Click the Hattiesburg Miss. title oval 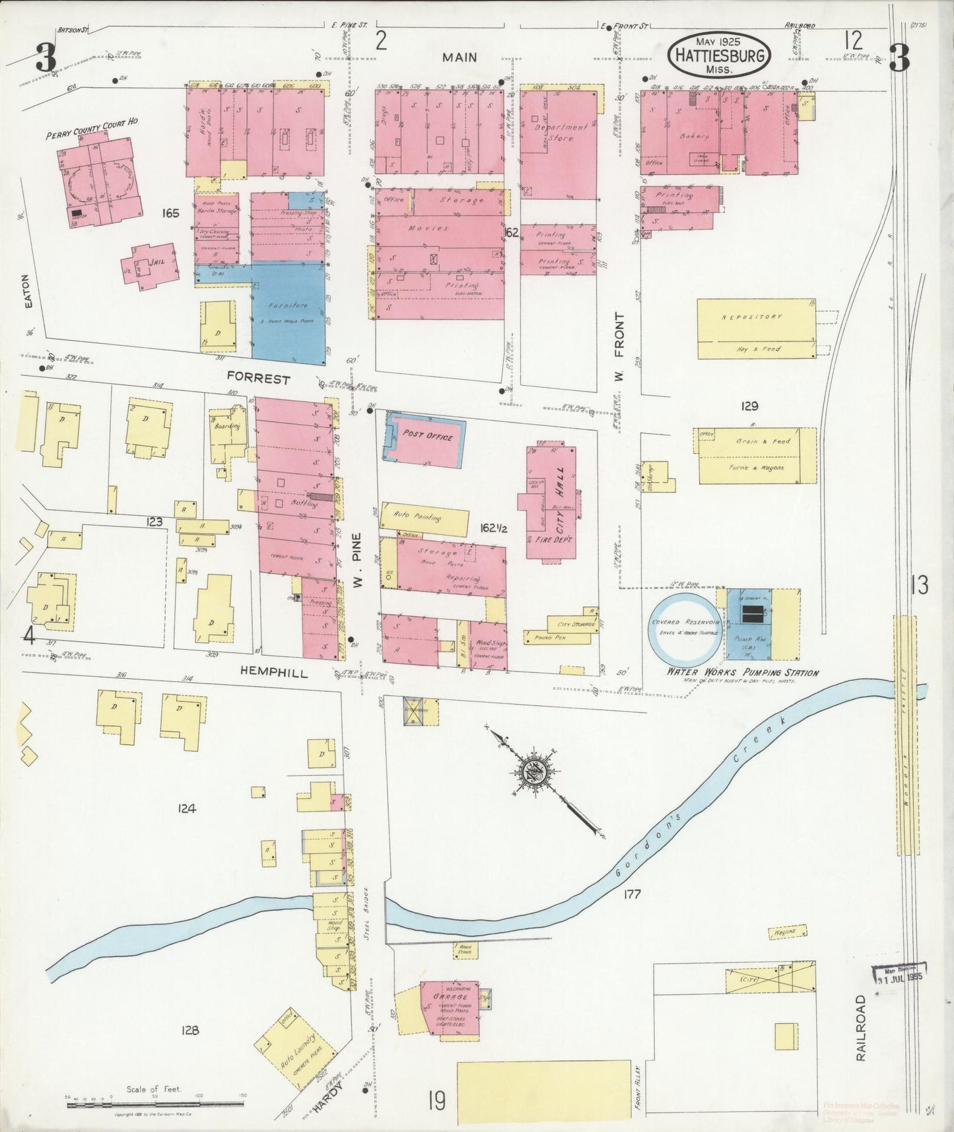coord(719,55)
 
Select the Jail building coord(151,265)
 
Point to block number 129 coord(749,406)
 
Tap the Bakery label coord(694,136)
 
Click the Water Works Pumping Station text coord(741,673)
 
